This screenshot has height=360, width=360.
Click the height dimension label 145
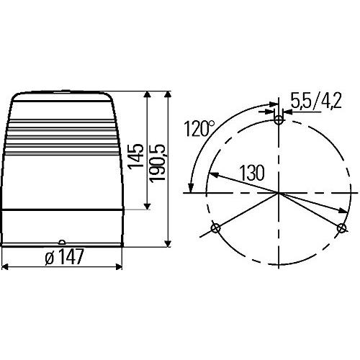pos(135,154)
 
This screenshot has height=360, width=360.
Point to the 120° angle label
pos(199,129)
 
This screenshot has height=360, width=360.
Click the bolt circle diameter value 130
pos(251,174)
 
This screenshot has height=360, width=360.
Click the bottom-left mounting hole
pos(215,229)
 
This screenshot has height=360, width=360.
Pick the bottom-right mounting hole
pos(342,228)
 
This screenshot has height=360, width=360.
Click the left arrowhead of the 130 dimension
pos(212,174)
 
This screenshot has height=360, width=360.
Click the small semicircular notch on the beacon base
pos(63,243)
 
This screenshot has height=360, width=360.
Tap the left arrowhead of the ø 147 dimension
pos(6,266)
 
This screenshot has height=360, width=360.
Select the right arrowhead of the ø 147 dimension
pos(119,266)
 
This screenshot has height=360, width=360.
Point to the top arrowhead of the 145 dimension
pos(147,96)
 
